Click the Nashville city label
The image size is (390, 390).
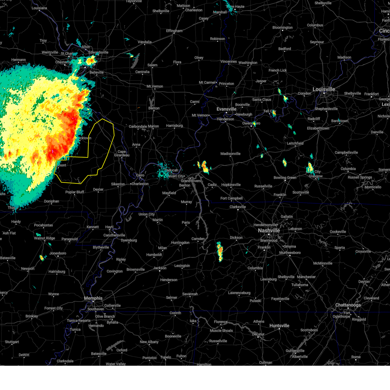pyautogui.click(x=269, y=230)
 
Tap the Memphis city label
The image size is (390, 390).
pyautogui.click(x=93, y=298)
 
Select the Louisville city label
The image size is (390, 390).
pyautogui.click(x=324, y=89)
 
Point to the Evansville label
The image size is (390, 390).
pyautogui.click(x=227, y=109)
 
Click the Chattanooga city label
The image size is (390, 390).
pyautogui.click(x=348, y=305)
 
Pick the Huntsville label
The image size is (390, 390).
pyautogui.click(x=279, y=326)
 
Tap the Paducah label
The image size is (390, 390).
pyautogui.click(x=171, y=170)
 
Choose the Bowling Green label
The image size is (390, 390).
pyautogui.click(x=285, y=177)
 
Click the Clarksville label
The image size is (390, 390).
pyautogui.click(x=238, y=207)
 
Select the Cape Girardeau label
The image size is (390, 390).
pyautogui.click(x=122, y=153)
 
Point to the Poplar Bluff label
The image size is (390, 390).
pyautogui.click(x=75, y=192)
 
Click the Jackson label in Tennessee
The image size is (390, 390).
pyautogui.click(x=160, y=268)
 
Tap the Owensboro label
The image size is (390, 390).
pyautogui.click(x=251, y=123)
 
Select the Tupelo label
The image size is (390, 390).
pyautogui.click(x=165, y=357)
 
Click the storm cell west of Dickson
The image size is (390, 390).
pyautogui.click(x=220, y=251)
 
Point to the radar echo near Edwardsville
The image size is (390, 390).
pyautogui.click(x=91, y=60)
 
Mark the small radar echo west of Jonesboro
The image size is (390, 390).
pyautogui.click(x=42, y=258)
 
